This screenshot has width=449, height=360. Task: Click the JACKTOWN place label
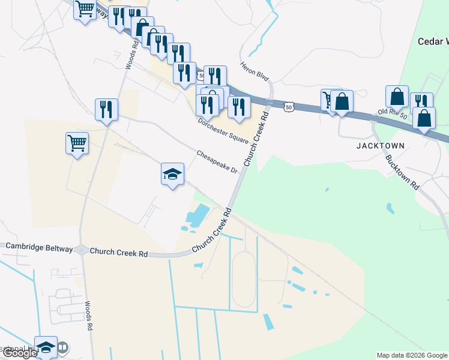coord(380,146)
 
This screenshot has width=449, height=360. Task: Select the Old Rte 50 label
coord(393,112)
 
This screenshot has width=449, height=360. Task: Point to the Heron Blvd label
coord(255,71)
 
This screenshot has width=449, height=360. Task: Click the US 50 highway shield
coord(289,107)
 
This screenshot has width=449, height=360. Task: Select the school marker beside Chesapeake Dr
coord(172,175)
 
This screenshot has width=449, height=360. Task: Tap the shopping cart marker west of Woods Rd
coord(77,143)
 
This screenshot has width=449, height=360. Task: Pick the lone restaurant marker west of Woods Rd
coord(106,109)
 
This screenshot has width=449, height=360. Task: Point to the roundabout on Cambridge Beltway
coord(82,250)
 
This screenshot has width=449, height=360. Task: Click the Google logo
coord(20,353)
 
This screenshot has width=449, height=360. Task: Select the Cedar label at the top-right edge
coord(433,41)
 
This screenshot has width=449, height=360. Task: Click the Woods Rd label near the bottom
coord(88,316)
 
